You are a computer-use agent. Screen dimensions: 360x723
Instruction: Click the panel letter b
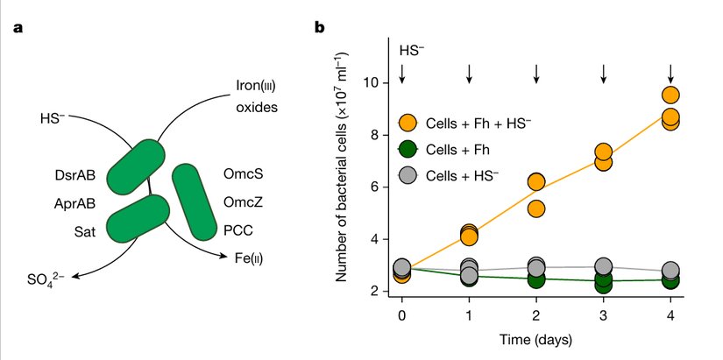tap(321, 27)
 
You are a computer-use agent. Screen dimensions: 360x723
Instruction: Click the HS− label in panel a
tap(53, 116)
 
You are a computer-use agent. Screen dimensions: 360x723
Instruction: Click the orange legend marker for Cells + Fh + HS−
tap(408, 123)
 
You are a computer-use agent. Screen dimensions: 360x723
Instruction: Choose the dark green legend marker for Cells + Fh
tap(408, 149)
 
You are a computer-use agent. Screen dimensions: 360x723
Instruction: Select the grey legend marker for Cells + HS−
tap(408, 175)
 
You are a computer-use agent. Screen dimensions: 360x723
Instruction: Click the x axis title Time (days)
tap(535, 339)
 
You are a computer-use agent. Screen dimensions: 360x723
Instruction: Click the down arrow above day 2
tap(536, 74)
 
